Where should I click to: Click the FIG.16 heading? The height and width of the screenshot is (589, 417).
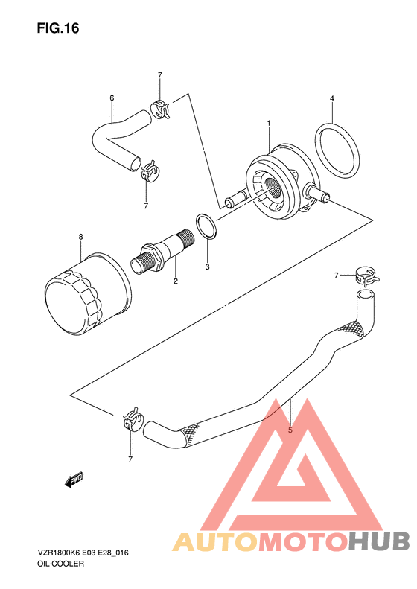click(58, 28)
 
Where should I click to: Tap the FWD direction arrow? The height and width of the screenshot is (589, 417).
click(74, 480)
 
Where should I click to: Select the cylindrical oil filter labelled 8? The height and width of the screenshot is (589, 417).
click(88, 293)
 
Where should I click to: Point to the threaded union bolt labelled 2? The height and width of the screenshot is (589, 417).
click(163, 252)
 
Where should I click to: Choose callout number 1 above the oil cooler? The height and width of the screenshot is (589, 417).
click(269, 123)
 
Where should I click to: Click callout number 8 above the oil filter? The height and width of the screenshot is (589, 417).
click(80, 237)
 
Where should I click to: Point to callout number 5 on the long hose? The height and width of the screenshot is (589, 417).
click(290, 430)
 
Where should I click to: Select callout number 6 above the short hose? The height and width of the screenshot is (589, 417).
click(112, 98)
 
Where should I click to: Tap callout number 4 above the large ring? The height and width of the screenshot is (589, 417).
click(332, 98)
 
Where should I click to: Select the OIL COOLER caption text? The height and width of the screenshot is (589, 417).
click(60, 564)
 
